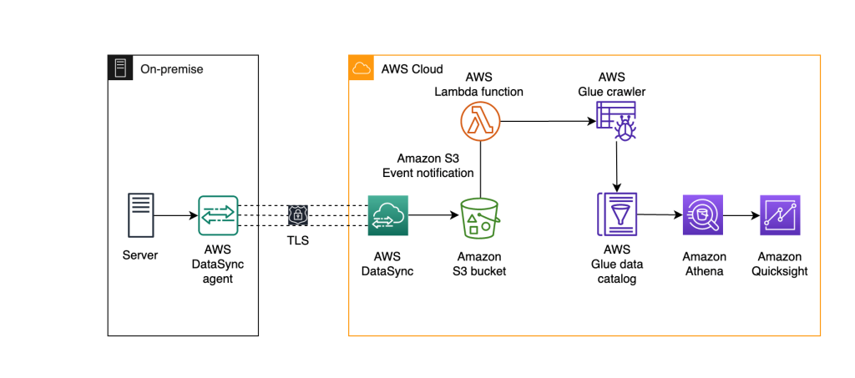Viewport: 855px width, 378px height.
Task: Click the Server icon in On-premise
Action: [141, 215]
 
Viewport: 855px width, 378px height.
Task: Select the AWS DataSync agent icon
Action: [218, 215]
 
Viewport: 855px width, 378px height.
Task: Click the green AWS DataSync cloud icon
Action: [387, 215]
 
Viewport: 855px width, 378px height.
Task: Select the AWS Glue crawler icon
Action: [616, 120]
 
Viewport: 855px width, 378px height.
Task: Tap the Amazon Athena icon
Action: [703, 215]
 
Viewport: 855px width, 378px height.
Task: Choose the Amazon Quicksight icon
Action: [780, 215]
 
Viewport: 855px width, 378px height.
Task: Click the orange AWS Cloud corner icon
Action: [361, 68]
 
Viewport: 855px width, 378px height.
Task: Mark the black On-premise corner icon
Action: [120, 68]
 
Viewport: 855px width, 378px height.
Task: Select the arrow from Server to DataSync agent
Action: [175, 215]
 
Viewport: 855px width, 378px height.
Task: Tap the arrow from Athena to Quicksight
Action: [741, 215]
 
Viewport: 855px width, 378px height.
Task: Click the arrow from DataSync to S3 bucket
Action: [433, 215]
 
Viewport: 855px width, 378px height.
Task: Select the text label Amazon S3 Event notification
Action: [427, 166]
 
